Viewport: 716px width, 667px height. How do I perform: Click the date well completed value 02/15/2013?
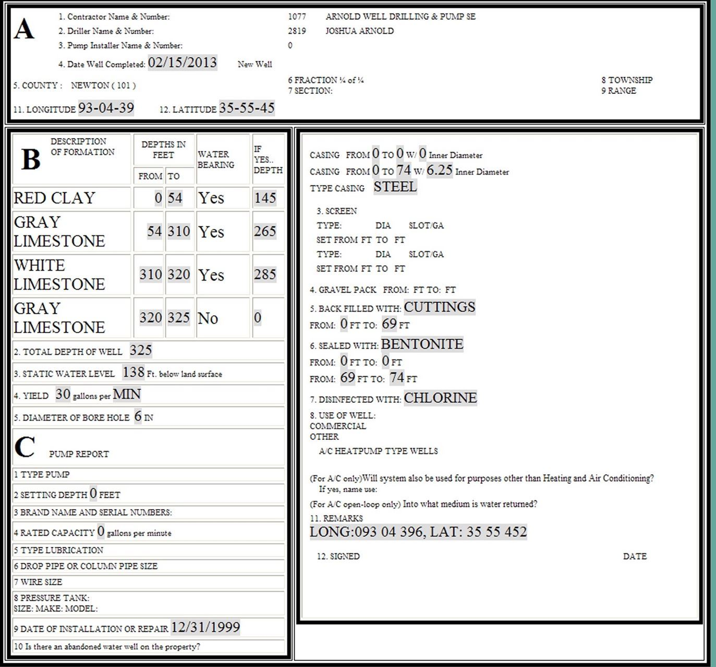[182, 63]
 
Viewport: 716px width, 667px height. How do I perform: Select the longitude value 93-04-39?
[106, 108]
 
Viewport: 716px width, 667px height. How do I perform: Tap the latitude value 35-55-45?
[247, 108]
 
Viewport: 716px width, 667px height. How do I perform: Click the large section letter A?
[24, 30]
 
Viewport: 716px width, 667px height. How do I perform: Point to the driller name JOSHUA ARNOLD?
[359, 31]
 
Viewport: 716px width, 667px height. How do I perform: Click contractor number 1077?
[297, 17]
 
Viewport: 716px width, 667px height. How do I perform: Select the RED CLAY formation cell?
[54, 198]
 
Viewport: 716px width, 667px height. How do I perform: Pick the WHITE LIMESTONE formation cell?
[59, 275]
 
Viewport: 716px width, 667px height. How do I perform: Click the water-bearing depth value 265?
[265, 231]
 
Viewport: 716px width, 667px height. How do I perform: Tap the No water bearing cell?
[208, 318]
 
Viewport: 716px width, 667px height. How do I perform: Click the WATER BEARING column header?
[216, 159]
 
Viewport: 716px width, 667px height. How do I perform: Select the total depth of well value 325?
[141, 350]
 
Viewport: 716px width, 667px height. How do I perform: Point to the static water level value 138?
[134, 372]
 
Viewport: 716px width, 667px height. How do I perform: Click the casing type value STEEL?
[395, 187]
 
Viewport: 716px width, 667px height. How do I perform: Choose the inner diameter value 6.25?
[439, 170]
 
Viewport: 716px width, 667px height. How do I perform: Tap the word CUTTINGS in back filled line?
[439, 307]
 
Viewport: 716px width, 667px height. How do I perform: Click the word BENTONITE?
[422, 344]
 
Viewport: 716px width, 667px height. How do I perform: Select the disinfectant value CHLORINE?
[440, 398]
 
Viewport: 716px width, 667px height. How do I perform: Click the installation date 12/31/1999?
[205, 627]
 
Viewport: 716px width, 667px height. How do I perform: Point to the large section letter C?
[25, 447]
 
